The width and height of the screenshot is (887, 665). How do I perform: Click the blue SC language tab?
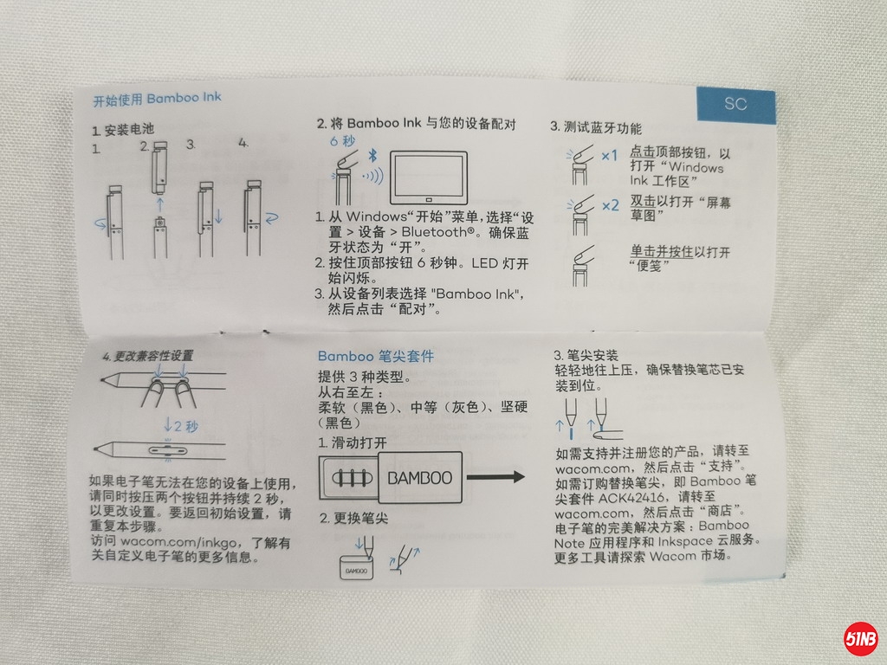[x=735, y=105]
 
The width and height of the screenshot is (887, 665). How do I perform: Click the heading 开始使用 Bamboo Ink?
[x=157, y=99]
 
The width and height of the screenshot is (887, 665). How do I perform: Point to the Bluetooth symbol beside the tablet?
[x=372, y=155]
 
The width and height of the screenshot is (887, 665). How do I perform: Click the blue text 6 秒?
[x=342, y=141]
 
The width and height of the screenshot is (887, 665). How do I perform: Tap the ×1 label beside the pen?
[x=609, y=156]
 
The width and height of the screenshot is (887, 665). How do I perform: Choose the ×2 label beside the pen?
[x=611, y=206]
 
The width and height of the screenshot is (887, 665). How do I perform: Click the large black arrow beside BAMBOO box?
[x=495, y=477]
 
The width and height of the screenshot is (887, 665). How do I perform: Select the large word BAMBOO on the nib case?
[x=420, y=478]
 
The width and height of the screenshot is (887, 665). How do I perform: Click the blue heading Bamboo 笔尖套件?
[x=376, y=356]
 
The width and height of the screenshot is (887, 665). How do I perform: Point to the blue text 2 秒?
[x=181, y=425]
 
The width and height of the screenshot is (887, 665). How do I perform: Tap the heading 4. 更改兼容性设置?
[x=147, y=356]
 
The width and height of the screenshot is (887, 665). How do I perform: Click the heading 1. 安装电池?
[x=123, y=130]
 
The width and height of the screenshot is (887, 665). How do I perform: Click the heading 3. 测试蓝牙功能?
[x=596, y=127]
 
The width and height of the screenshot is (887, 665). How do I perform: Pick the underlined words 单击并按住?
[x=662, y=252]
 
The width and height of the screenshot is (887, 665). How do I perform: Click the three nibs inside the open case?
[x=352, y=478]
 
